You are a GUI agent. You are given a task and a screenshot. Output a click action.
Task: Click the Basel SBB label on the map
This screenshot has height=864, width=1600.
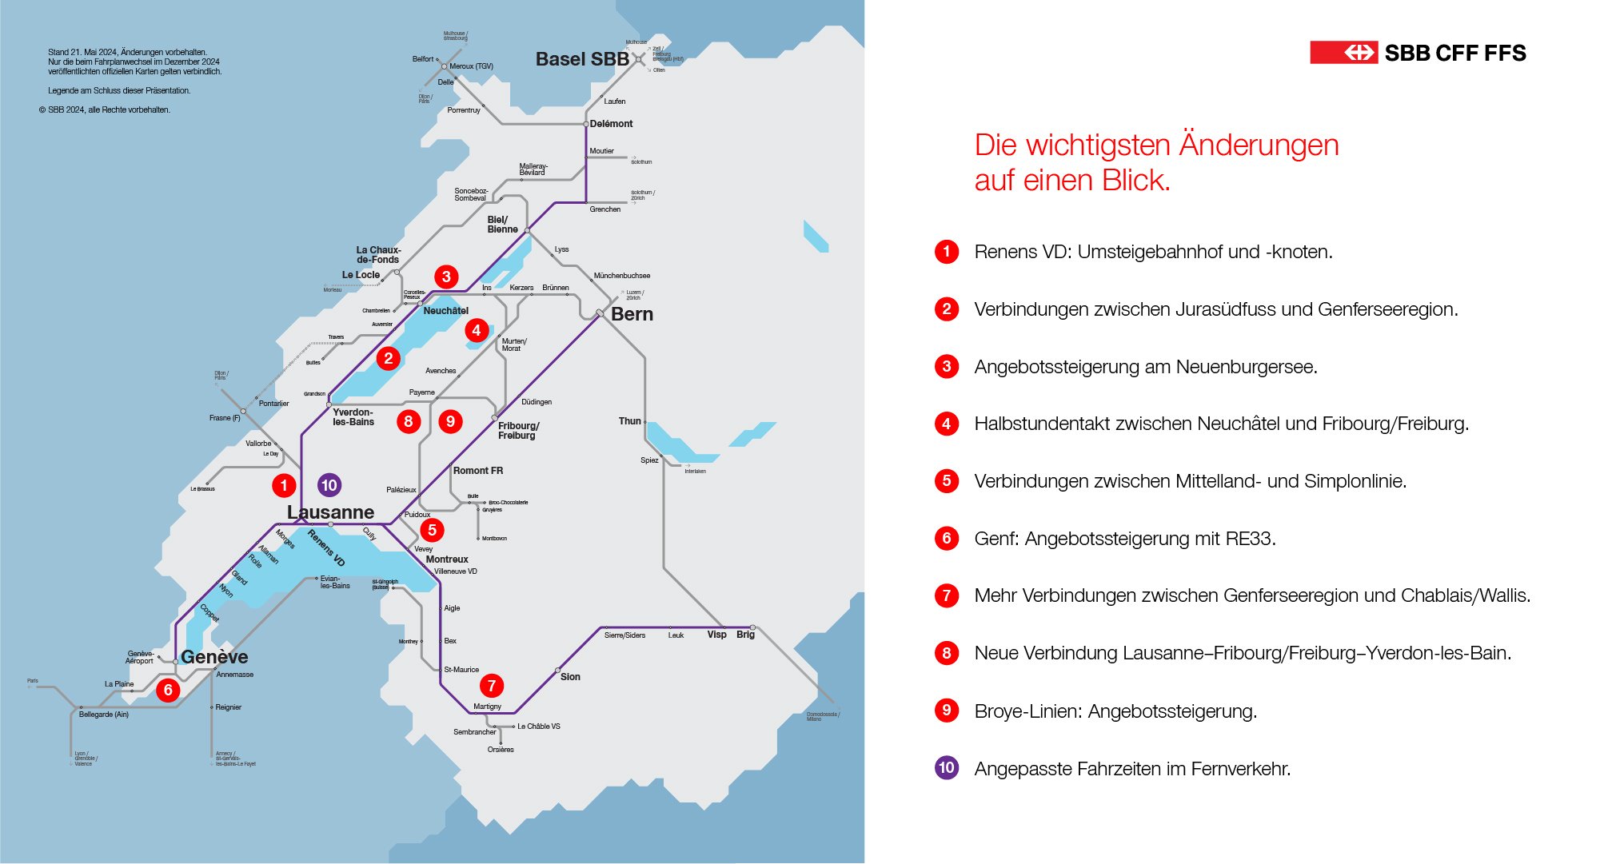(582, 59)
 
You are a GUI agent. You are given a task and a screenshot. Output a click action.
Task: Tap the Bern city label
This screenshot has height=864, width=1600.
(632, 314)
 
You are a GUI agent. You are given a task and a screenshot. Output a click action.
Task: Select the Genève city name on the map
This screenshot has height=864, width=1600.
(214, 657)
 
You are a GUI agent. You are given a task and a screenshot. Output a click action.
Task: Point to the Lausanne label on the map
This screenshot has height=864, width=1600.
(330, 512)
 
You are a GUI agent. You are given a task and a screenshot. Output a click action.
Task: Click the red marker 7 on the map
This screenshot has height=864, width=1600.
(492, 685)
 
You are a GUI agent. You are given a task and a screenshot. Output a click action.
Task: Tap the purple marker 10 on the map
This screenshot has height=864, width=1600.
(329, 485)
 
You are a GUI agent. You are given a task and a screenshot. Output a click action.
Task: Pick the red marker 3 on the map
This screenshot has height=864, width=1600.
(446, 277)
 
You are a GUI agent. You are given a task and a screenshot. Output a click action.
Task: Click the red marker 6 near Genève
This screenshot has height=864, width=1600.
(168, 690)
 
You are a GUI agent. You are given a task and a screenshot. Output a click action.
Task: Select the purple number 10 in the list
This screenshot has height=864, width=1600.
(947, 768)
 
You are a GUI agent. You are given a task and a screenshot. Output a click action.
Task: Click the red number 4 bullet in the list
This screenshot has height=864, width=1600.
(947, 424)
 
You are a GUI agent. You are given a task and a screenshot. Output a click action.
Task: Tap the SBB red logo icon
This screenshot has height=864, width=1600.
(1343, 53)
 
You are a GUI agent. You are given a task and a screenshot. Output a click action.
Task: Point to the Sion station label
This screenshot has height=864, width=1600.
(570, 677)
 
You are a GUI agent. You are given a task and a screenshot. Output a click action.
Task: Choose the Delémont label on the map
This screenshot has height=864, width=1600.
(611, 124)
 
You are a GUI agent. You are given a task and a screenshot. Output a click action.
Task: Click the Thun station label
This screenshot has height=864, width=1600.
(629, 421)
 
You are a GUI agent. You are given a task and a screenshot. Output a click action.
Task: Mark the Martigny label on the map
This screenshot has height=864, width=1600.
(487, 707)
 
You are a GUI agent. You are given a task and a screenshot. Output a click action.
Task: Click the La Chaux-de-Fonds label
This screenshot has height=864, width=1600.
(378, 255)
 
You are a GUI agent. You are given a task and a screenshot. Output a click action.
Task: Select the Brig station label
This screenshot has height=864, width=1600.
(745, 635)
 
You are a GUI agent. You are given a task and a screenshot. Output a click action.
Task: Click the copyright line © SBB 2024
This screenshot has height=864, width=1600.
(104, 110)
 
